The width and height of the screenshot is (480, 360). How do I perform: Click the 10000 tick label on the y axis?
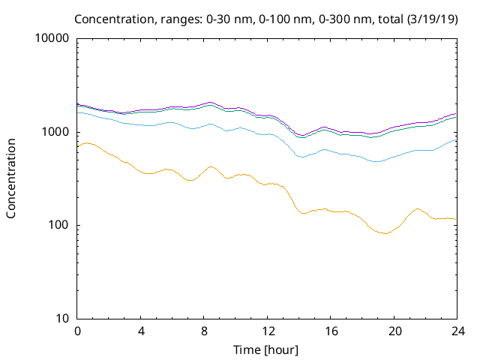[52, 39]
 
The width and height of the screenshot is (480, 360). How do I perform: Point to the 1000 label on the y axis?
[55, 132]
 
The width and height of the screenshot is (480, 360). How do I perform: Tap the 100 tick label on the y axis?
[58, 225]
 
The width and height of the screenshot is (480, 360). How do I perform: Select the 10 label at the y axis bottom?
[62, 318]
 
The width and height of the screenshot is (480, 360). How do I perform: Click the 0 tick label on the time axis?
[77, 331]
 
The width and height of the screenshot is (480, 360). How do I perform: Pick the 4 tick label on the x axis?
[141, 331]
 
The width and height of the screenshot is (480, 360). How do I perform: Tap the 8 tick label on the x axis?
[204, 331]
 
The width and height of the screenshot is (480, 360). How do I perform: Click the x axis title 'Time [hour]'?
[267, 349]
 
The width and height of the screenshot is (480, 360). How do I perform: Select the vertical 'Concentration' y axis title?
[11, 178]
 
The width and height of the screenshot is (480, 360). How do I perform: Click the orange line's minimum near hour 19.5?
[385, 233]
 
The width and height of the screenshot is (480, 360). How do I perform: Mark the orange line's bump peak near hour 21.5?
[418, 208]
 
